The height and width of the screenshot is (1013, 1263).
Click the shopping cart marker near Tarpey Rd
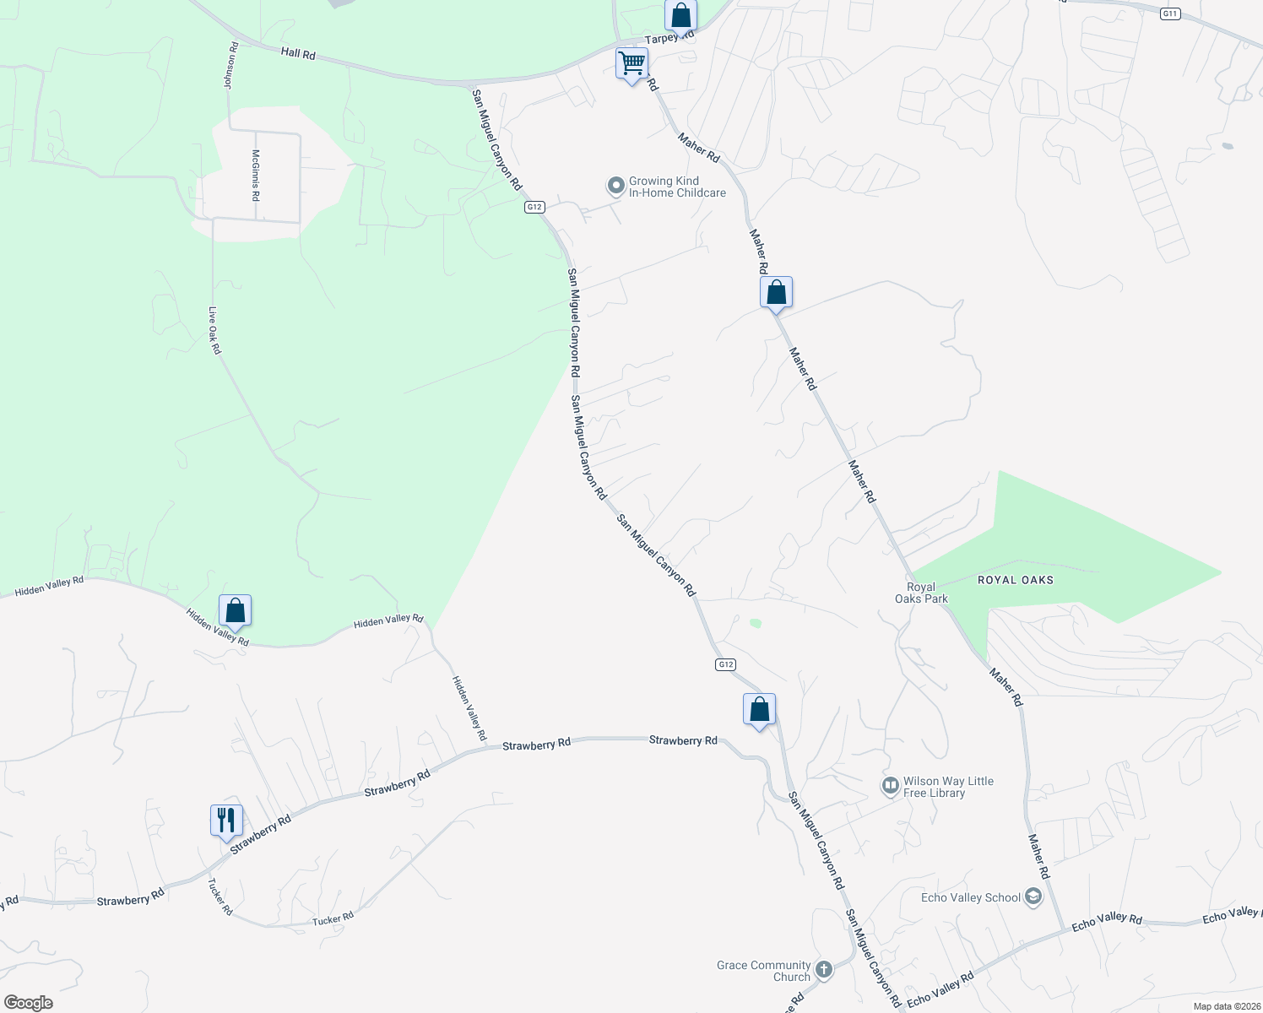631,63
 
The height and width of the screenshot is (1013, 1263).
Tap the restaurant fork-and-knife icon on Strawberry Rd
226,820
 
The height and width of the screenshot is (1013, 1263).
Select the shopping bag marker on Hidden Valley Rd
235,610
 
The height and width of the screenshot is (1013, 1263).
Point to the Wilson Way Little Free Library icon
890,787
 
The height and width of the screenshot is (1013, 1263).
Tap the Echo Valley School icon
1033,897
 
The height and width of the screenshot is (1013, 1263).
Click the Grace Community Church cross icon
824,969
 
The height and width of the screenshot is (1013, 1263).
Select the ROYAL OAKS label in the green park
1015,580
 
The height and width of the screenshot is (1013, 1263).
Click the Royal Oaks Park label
921,593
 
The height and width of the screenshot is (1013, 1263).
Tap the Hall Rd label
298,54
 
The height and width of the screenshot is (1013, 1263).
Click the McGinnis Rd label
255,175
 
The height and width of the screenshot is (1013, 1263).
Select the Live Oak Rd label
214,330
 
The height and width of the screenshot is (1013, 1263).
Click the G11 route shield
1169,14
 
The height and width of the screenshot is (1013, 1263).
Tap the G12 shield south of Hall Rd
534,207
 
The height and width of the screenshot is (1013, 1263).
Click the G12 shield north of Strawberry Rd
725,664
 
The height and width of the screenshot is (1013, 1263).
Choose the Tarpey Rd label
669,37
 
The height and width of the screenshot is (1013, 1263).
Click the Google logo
28,1003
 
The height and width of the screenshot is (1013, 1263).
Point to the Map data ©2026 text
1226,1006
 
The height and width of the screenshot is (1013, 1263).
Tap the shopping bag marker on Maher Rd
776,293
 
